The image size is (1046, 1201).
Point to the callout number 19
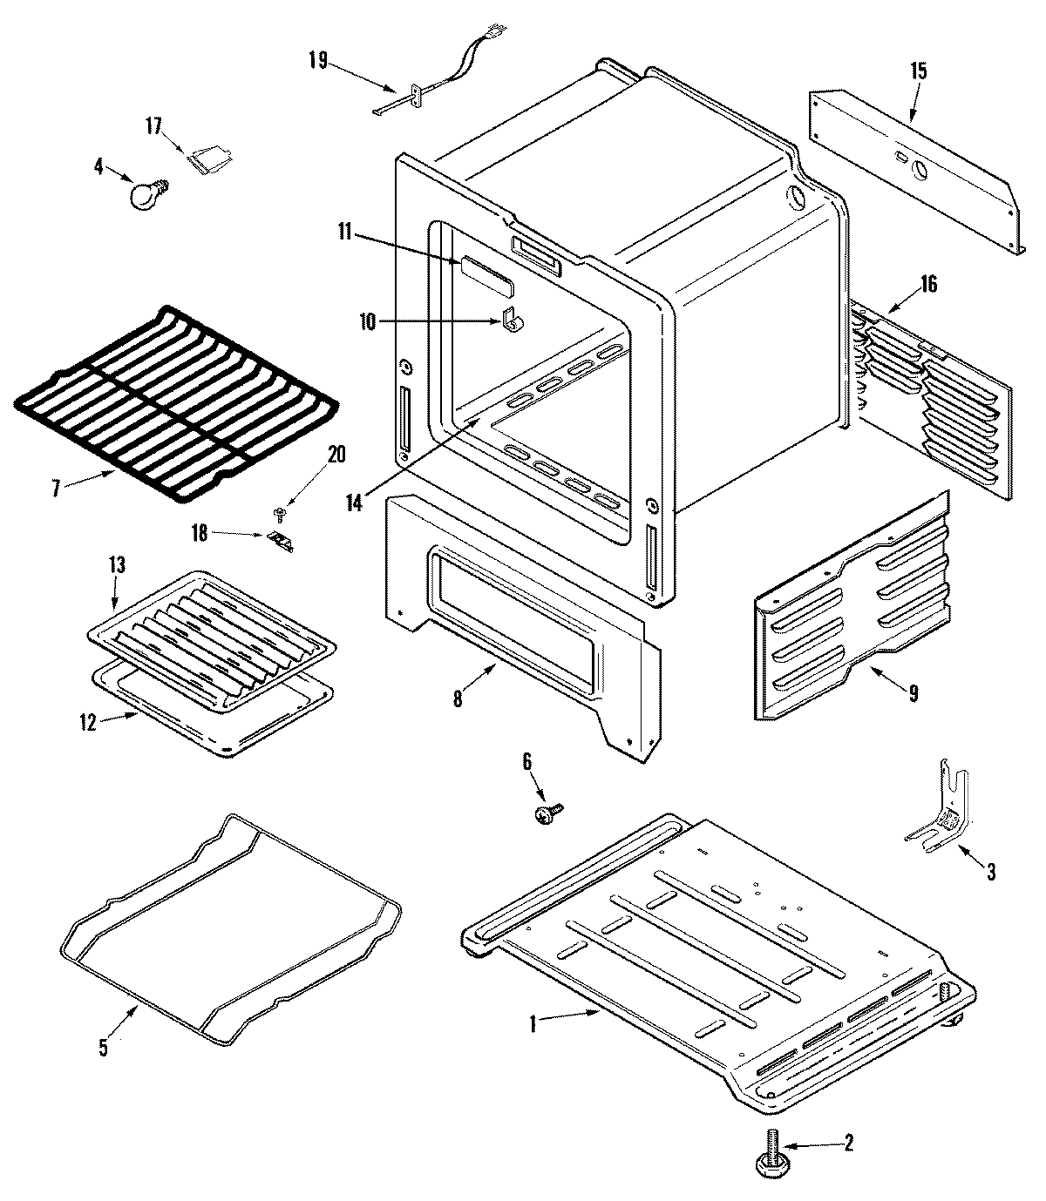coord(317,60)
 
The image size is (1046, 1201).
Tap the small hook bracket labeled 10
coord(513,320)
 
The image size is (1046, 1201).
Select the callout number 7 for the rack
coord(57,489)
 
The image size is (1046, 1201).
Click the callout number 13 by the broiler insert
coord(116,565)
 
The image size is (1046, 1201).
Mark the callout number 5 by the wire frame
coord(104,1048)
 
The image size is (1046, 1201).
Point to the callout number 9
coord(913,694)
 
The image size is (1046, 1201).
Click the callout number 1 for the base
coord(533,1025)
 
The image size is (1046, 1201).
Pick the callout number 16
coord(929,284)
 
